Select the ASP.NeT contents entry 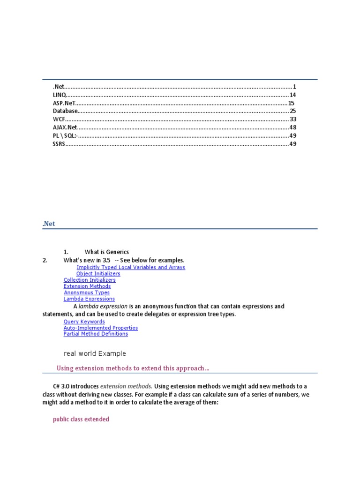(x=64, y=103)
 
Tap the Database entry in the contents (x=65, y=111)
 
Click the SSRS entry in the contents (x=59, y=144)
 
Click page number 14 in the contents (x=292, y=95)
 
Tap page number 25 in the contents (x=292, y=111)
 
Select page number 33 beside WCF (x=293, y=119)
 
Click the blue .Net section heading (x=49, y=224)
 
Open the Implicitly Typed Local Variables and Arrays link (x=131, y=267)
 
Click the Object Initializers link (x=98, y=273)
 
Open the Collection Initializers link (x=90, y=280)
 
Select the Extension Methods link (x=87, y=286)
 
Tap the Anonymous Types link (x=87, y=292)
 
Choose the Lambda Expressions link (x=89, y=299)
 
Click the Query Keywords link (x=84, y=322)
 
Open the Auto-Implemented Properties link (x=101, y=328)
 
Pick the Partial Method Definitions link (x=96, y=334)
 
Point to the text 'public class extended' (x=81, y=419)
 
